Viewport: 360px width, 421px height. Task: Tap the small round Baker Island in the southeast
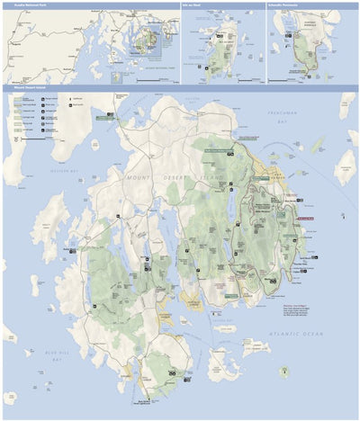point(284,370)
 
